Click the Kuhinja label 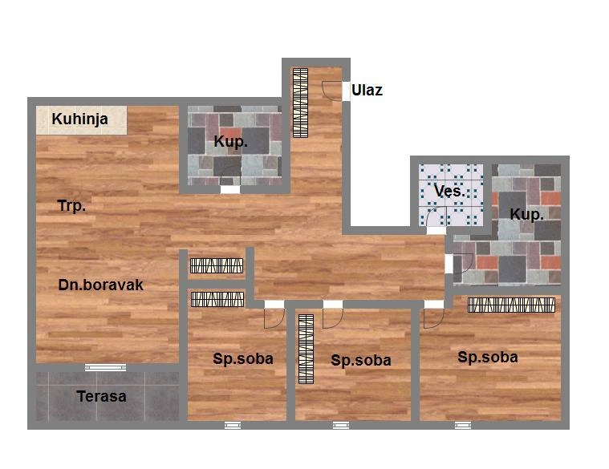tap(79, 119)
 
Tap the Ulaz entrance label tap(367, 90)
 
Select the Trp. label tap(71, 205)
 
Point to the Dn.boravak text tap(100, 285)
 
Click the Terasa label tap(101, 396)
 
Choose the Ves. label tap(449, 191)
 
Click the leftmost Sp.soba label tap(243, 359)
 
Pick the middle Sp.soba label tap(361, 361)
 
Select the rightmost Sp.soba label tap(488, 357)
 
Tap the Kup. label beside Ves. tap(526, 214)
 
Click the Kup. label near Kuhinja tap(231, 142)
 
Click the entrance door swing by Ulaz tap(331, 91)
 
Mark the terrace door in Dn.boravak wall tap(106, 367)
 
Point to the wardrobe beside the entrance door tap(300, 103)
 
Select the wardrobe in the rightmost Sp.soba tap(512, 305)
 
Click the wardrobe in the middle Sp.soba tap(306, 349)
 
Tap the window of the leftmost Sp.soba tap(233, 426)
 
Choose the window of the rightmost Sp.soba tap(463, 426)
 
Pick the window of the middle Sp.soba tap(341, 426)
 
